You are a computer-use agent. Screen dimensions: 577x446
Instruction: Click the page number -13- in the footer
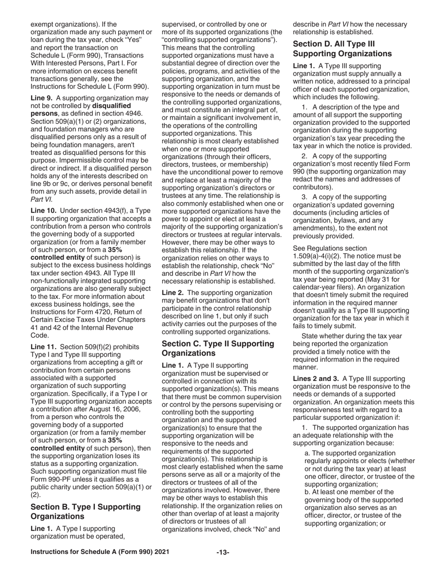[223, 553]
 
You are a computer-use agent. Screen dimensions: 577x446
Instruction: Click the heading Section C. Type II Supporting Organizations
[218, 348]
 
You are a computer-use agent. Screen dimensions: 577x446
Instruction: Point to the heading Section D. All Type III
[342, 49]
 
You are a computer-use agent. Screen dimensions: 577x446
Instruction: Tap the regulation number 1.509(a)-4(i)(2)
[322, 256]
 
